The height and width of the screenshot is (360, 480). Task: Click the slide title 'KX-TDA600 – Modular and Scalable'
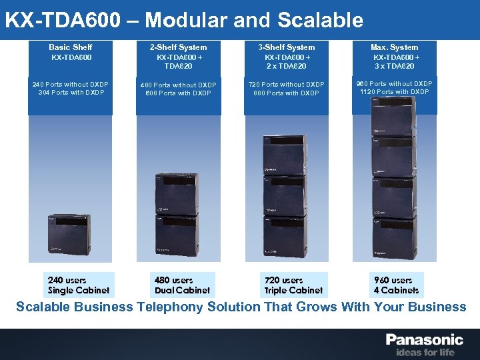pyautogui.click(x=184, y=20)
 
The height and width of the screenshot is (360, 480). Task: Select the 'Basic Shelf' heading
pyautogui.click(x=70, y=47)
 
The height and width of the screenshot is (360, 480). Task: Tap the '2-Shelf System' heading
pyautogui.click(x=178, y=47)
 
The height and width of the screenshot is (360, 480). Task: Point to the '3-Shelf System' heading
pyautogui.click(x=286, y=47)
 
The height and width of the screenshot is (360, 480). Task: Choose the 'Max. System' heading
pyautogui.click(x=394, y=47)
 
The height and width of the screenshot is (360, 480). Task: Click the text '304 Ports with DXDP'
pyautogui.click(x=71, y=92)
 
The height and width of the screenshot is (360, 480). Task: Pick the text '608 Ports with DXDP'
pyautogui.click(x=178, y=93)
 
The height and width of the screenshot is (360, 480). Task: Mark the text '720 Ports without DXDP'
pyautogui.click(x=286, y=85)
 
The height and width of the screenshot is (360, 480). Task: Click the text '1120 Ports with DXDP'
pyautogui.click(x=395, y=91)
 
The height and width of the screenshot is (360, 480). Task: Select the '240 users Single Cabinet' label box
pyautogui.click(x=78, y=285)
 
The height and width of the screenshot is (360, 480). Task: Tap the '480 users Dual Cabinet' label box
pyautogui.click(x=182, y=285)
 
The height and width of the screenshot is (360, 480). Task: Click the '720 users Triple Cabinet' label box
pyautogui.click(x=293, y=285)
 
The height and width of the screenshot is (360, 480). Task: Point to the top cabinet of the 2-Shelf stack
pyautogui.click(x=176, y=193)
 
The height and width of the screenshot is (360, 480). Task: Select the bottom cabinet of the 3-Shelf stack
pyautogui.click(x=285, y=237)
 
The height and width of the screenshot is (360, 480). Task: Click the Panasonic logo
pyautogui.click(x=424, y=340)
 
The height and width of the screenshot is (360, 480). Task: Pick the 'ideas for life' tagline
pyautogui.click(x=425, y=352)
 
